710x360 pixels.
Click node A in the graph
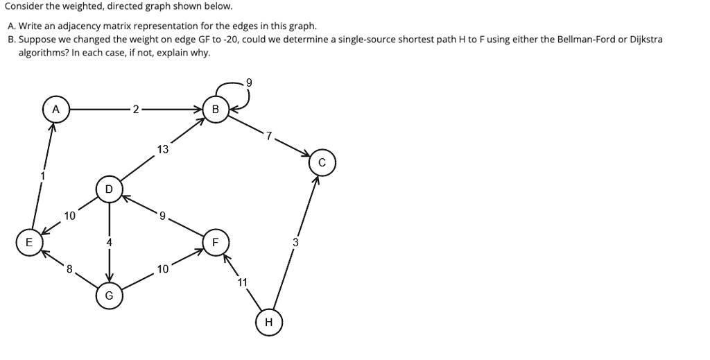(x=56, y=110)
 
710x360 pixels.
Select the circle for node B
(x=216, y=110)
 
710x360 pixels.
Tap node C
(x=322, y=163)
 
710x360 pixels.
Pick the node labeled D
(x=109, y=189)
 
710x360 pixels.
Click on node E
(x=29, y=242)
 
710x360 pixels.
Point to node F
(x=216, y=242)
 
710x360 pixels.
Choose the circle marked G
(x=109, y=295)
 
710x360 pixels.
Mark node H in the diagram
(x=268, y=323)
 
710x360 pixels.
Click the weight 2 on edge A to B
(x=136, y=109)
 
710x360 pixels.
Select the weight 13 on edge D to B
(x=162, y=149)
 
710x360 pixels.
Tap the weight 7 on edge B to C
(x=269, y=135)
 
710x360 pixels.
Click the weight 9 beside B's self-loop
(x=249, y=83)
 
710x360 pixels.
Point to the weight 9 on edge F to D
(x=162, y=216)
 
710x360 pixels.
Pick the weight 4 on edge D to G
(x=109, y=242)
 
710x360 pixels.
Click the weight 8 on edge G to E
(x=69, y=269)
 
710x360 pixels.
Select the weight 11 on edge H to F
(x=242, y=282)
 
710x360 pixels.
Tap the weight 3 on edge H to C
(x=295, y=243)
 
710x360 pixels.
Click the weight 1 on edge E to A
(x=43, y=175)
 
